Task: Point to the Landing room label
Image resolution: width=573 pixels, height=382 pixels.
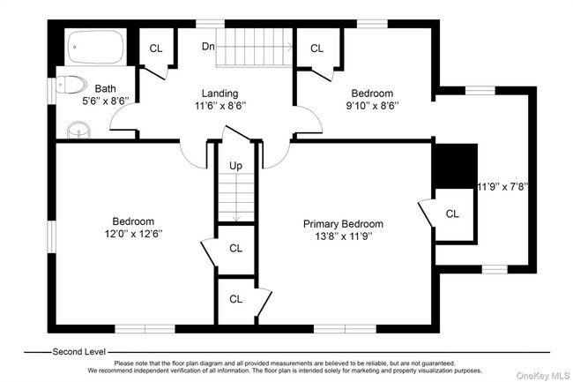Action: point(220,93)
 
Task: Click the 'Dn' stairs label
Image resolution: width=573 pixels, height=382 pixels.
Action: point(208,46)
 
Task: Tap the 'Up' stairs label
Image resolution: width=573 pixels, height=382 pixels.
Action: point(235,165)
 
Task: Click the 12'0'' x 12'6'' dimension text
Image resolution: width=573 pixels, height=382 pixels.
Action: point(133,234)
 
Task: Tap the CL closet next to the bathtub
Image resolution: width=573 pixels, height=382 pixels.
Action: point(155,49)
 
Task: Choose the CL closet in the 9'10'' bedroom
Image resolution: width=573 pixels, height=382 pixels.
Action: point(316,49)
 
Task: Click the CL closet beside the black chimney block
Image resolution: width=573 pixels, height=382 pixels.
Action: point(452,213)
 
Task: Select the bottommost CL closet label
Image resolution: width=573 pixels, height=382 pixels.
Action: point(235,299)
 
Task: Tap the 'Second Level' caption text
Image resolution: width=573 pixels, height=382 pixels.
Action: point(79,351)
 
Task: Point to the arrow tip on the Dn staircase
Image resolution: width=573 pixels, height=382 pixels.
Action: point(291,46)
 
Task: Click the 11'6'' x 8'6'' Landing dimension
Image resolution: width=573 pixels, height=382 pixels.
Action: point(220,106)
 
